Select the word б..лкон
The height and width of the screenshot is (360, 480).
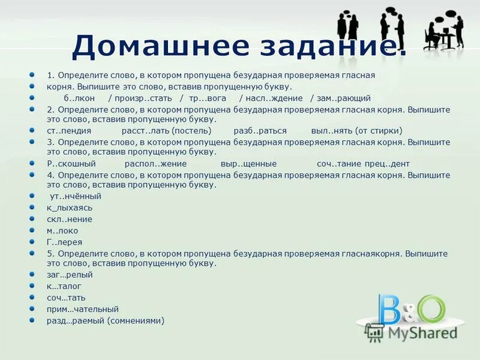(77, 98)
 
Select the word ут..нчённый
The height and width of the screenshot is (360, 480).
(75, 196)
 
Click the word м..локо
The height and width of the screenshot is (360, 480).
(62, 230)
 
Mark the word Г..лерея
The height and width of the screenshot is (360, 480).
(65, 242)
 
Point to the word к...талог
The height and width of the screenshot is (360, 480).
(64, 286)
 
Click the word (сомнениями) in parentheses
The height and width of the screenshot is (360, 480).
(136, 320)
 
